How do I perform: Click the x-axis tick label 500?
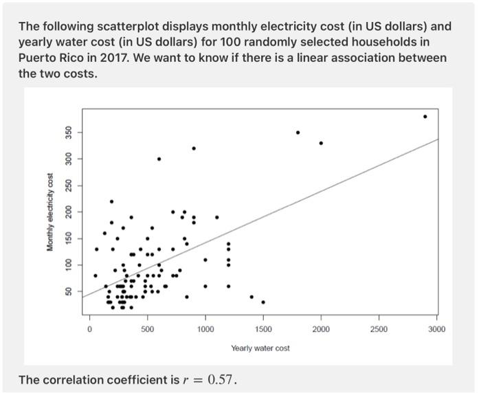click(x=147, y=330)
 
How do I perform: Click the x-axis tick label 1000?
click(x=205, y=330)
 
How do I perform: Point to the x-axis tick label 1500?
click(x=263, y=330)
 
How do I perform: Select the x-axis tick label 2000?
click(x=321, y=330)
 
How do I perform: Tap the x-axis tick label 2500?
click(x=379, y=330)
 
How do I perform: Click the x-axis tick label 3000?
click(x=436, y=330)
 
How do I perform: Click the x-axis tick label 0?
click(x=89, y=330)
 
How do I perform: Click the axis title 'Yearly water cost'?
click(x=260, y=348)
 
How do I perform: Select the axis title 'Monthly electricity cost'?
click(x=50, y=212)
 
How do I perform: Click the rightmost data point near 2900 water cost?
click(x=425, y=117)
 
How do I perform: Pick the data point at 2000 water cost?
click(x=321, y=143)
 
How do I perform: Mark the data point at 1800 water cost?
click(x=298, y=133)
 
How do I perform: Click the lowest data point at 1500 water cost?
click(x=263, y=302)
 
